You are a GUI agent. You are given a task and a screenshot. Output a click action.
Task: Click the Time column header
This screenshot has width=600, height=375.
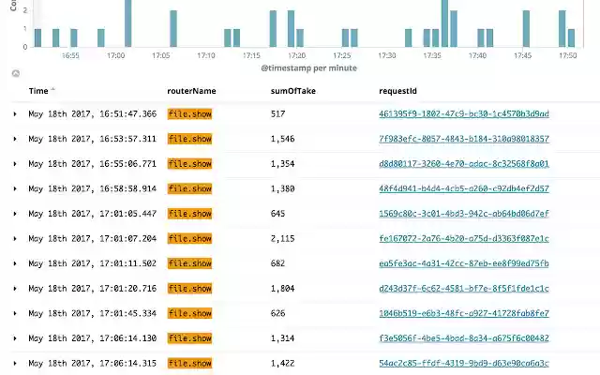38,91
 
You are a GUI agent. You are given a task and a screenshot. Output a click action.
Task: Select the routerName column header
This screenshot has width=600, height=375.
191,91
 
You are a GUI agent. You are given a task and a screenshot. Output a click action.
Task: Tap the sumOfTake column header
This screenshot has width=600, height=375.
292,91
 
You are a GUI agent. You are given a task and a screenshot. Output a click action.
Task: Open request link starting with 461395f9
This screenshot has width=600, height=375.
463,113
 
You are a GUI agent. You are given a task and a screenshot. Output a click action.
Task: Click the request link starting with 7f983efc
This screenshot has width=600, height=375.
463,139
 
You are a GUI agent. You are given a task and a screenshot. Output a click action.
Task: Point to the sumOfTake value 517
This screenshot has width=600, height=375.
277,113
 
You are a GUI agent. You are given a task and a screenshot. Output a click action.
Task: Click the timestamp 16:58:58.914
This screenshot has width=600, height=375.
93,188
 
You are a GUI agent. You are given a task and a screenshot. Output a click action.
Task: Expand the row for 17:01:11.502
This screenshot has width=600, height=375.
15,263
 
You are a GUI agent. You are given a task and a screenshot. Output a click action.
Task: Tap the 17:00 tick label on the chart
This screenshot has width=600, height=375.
115,55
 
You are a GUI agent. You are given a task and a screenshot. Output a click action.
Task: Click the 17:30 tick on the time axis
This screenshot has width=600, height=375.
387,55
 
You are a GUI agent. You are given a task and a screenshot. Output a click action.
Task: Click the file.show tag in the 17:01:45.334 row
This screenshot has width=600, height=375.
189,313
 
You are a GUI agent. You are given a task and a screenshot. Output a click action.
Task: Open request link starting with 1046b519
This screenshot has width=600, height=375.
463,313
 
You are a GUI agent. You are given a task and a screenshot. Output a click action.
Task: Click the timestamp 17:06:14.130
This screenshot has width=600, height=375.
93,338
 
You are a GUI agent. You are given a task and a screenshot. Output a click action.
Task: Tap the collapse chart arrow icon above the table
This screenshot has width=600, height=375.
15,73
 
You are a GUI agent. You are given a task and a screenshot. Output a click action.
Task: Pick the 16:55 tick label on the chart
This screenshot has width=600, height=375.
70,55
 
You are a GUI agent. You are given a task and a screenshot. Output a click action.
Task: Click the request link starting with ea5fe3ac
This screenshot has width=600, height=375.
463,263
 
